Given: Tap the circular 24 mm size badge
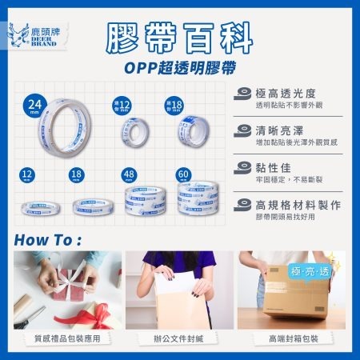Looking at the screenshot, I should coord(35,106).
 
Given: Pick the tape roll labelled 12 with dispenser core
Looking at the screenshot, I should coord(131,129).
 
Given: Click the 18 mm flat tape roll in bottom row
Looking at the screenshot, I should coord(89,206).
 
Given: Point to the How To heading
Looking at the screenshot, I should coord(48,240).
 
